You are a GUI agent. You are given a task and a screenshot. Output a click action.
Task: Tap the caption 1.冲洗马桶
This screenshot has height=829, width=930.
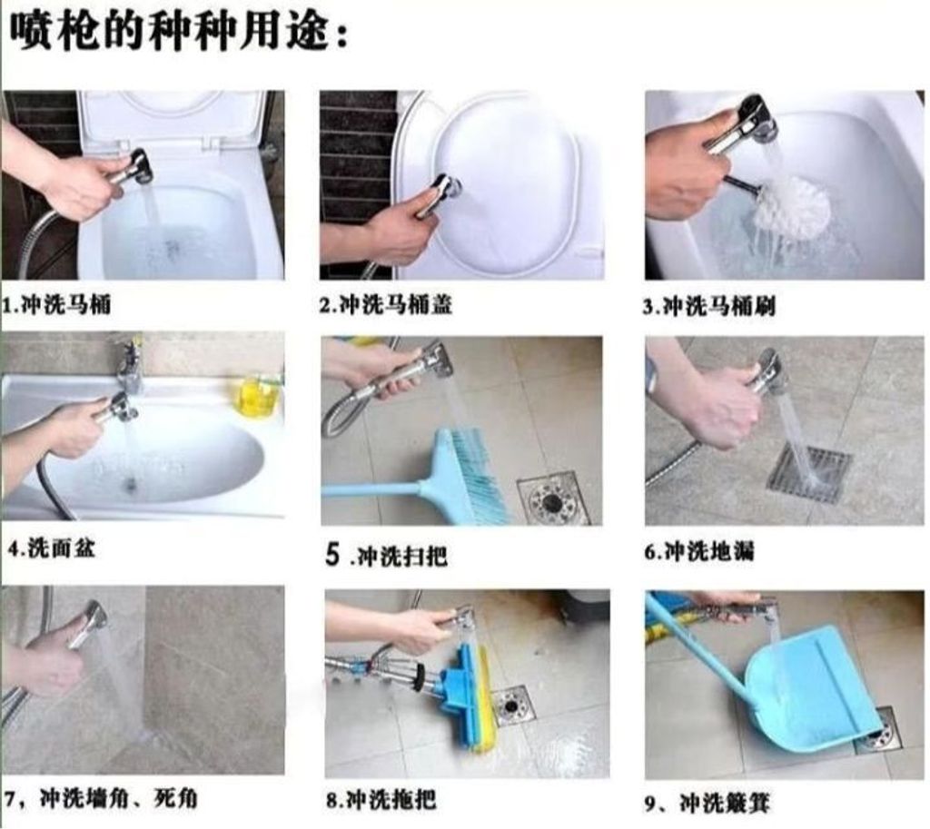coord(57,305)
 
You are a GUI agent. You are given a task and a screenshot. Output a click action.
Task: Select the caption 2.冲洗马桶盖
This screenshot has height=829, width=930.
coord(386,305)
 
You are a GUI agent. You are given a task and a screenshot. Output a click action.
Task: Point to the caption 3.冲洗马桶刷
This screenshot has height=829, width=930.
coord(709,307)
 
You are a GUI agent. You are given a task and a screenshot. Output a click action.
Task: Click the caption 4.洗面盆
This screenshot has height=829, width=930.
coord(51,548)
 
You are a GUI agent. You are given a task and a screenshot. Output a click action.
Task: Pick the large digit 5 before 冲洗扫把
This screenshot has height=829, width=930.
coord(332,555)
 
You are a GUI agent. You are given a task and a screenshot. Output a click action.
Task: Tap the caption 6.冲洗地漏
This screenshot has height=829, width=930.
coord(699,551)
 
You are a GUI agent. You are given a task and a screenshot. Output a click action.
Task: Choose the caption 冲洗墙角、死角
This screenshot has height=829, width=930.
coord(119,799)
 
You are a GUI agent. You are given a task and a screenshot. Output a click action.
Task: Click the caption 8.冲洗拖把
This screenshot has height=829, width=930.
coord(381,800)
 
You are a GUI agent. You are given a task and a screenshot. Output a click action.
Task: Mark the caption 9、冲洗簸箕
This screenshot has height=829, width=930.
coord(707,804)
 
